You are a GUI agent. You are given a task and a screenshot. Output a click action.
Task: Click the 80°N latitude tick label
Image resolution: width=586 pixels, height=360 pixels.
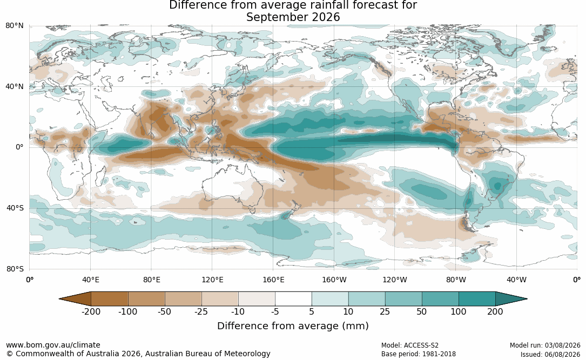14,26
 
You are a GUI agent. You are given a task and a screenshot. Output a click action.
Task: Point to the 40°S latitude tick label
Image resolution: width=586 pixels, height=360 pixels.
15,208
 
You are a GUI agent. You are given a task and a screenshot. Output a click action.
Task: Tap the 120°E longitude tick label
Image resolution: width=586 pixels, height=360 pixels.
212,280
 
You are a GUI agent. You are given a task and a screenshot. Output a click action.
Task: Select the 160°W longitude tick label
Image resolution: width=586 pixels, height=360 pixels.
334,280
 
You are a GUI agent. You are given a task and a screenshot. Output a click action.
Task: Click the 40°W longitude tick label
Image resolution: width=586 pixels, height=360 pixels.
516,280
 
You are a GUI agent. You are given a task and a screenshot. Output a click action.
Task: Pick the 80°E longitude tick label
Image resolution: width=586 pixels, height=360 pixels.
151,280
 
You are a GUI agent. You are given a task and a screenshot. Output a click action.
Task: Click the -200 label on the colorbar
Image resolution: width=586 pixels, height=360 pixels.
91,311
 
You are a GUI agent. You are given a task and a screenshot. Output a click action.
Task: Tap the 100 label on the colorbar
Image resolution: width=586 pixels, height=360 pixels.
458,311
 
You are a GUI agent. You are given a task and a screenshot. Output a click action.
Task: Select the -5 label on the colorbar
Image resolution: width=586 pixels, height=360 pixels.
275,311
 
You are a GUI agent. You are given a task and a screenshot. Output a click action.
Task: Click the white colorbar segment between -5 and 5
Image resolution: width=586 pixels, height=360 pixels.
293,299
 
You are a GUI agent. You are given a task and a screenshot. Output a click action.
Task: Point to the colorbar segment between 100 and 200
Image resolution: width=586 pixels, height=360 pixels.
477,299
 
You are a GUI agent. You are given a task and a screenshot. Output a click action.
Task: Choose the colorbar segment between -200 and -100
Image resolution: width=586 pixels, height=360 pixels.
110,299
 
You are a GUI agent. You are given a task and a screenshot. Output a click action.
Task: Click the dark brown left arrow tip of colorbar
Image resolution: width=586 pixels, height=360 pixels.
60,299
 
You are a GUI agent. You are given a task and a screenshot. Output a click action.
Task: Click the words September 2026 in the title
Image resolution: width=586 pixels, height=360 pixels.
293,17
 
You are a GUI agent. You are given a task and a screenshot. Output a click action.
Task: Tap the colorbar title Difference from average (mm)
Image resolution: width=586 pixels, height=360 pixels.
293,326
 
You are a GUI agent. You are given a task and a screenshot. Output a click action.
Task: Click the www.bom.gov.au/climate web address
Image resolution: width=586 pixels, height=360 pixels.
53,345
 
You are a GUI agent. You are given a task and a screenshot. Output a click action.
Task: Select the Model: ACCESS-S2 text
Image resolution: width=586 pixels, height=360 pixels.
409,345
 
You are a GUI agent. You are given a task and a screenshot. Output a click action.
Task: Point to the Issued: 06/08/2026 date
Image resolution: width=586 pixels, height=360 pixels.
550,354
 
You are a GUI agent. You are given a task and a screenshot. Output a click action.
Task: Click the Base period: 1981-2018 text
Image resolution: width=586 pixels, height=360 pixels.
419,354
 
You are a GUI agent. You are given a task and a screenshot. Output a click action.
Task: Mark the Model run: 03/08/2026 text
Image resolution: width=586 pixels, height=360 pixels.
545,345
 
